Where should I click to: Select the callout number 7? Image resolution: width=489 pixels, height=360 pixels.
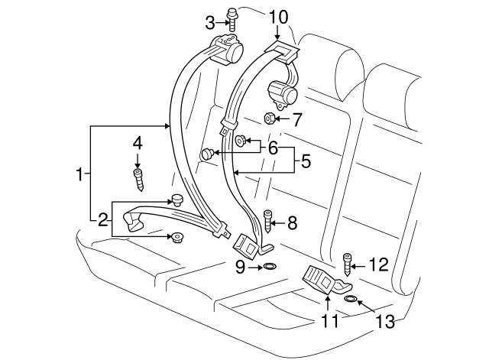coord(297,118)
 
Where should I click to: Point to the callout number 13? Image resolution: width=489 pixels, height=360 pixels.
coord(387,322)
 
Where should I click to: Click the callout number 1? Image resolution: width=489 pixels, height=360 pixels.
coord(79,175)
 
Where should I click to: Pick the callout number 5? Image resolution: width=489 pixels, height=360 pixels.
coord(306,161)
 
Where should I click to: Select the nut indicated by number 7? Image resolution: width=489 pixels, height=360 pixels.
coord(270,118)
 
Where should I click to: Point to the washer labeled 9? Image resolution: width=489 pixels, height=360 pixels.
coord(270,267)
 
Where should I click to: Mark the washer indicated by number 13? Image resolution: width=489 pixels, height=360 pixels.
coord(351,298)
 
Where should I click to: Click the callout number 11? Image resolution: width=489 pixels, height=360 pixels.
coord(329,322)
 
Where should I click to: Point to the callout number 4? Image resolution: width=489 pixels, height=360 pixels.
coord(138,142)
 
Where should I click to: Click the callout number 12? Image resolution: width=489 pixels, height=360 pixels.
coord(377,264)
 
